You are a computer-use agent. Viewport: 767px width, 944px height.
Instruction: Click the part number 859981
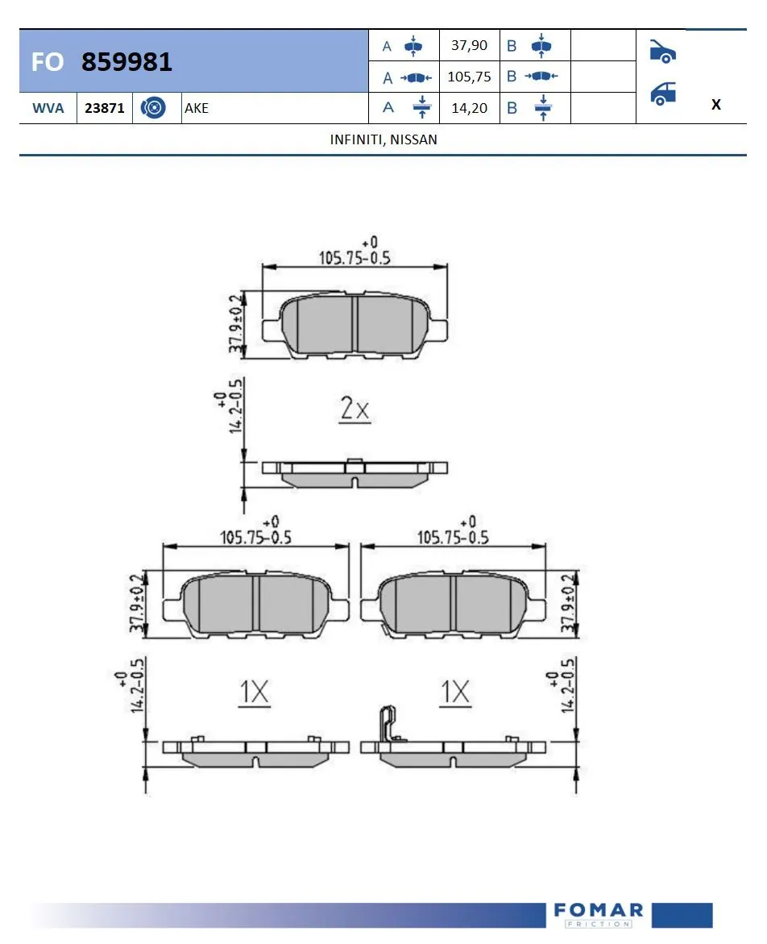pyautogui.click(x=126, y=62)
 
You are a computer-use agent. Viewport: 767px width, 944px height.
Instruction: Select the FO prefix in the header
pyautogui.click(x=48, y=62)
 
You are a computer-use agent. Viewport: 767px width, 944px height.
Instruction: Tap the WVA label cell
pyautogui.click(x=48, y=108)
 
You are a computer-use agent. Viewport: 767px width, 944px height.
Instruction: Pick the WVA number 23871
pyautogui.click(x=105, y=108)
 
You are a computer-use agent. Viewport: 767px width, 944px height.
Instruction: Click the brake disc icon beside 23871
pyautogui.click(x=153, y=108)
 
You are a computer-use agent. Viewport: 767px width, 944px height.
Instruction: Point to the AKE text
pyautogui.click(x=197, y=108)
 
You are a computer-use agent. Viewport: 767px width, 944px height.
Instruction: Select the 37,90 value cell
pyautogui.click(x=469, y=46)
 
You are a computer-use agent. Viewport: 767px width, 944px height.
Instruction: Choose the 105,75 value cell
pyautogui.click(x=469, y=77)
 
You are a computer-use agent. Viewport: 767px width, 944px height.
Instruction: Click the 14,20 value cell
pyautogui.click(x=469, y=108)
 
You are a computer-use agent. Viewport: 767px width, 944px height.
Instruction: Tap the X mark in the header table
pyautogui.click(x=715, y=105)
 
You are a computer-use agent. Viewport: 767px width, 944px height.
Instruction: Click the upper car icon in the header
pyautogui.click(x=662, y=51)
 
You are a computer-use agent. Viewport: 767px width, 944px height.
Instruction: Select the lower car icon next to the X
pyautogui.click(x=662, y=94)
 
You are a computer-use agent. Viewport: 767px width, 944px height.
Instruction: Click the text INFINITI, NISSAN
pyautogui.click(x=383, y=139)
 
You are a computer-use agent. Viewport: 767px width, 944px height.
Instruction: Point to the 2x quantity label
pyautogui.click(x=354, y=410)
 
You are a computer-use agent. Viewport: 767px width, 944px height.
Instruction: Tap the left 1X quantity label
pyautogui.click(x=254, y=692)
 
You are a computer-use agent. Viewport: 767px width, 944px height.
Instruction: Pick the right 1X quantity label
pyautogui.click(x=455, y=692)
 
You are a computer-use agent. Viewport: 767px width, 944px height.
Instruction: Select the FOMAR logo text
pyautogui.click(x=599, y=911)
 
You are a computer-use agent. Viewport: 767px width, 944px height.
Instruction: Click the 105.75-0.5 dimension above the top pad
pyautogui.click(x=355, y=258)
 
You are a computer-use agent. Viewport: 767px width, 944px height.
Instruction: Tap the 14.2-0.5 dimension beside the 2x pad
pyautogui.click(x=235, y=407)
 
